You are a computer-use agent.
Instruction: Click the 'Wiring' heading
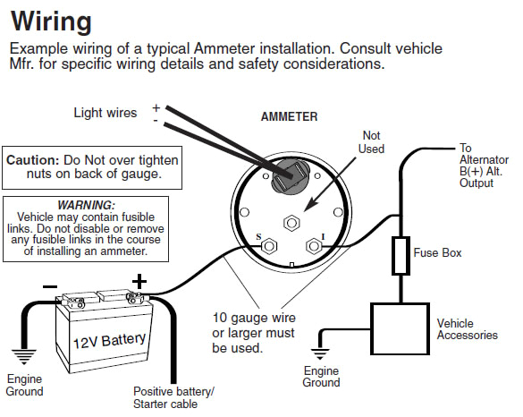pos(53,19)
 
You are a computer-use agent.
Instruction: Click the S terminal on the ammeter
pos(267,245)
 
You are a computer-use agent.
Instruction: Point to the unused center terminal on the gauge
pos(291,224)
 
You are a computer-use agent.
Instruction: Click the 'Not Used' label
pos(370,140)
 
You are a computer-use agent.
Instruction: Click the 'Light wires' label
pos(105,114)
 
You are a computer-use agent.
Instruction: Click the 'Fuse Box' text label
pos(438,253)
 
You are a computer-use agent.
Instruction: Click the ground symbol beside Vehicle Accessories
pos(323,345)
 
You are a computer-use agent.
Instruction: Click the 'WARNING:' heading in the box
pos(88,205)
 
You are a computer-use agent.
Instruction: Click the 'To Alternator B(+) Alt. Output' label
pos(486,166)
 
